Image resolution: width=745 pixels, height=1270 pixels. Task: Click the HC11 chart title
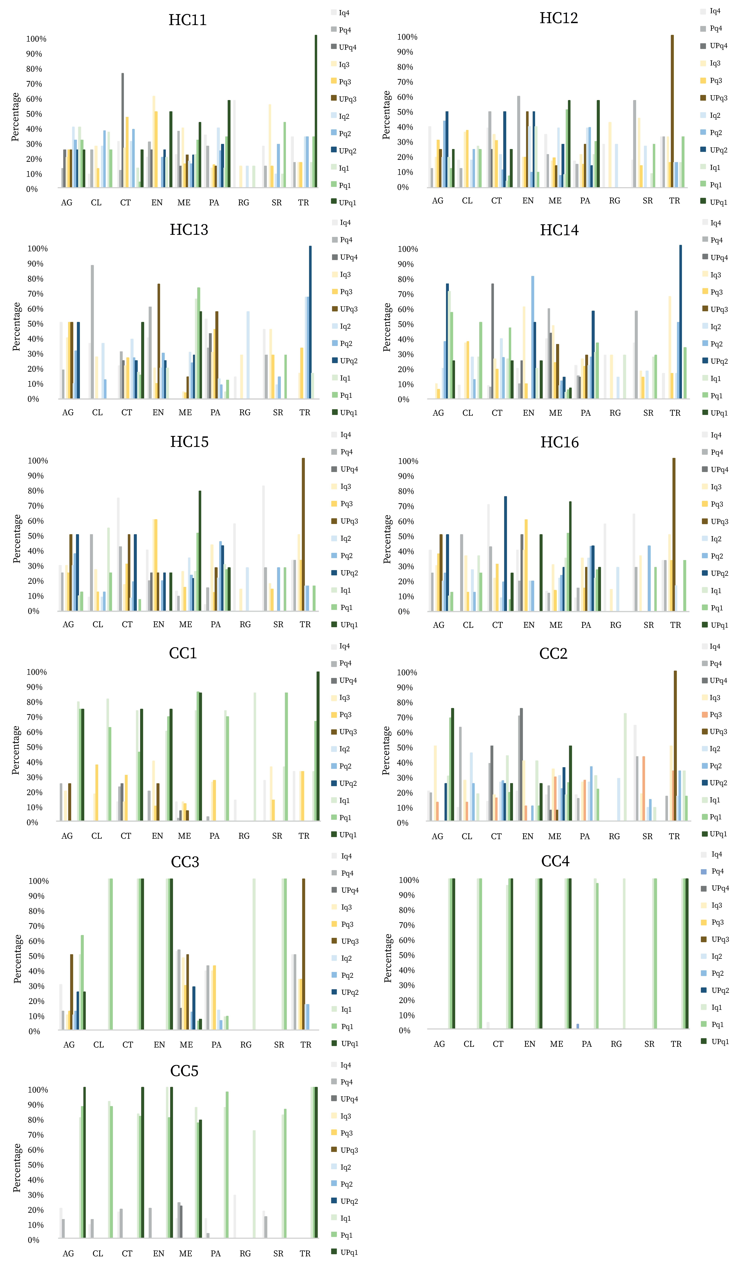click(x=187, y=20)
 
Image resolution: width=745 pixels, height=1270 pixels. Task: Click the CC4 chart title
click(x=555, y=861)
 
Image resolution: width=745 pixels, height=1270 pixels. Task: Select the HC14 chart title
click(x=559, y=230)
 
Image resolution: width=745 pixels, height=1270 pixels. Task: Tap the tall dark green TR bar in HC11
click(x=316, y=111)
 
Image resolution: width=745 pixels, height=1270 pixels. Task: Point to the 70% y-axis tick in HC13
click(x=35, y=294)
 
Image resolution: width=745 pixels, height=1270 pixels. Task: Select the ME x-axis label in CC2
click(x=555, y=836)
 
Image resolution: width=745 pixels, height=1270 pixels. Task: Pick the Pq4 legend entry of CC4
click(x=717, y=871)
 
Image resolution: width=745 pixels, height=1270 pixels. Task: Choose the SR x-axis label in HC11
click(x=277, y=203)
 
